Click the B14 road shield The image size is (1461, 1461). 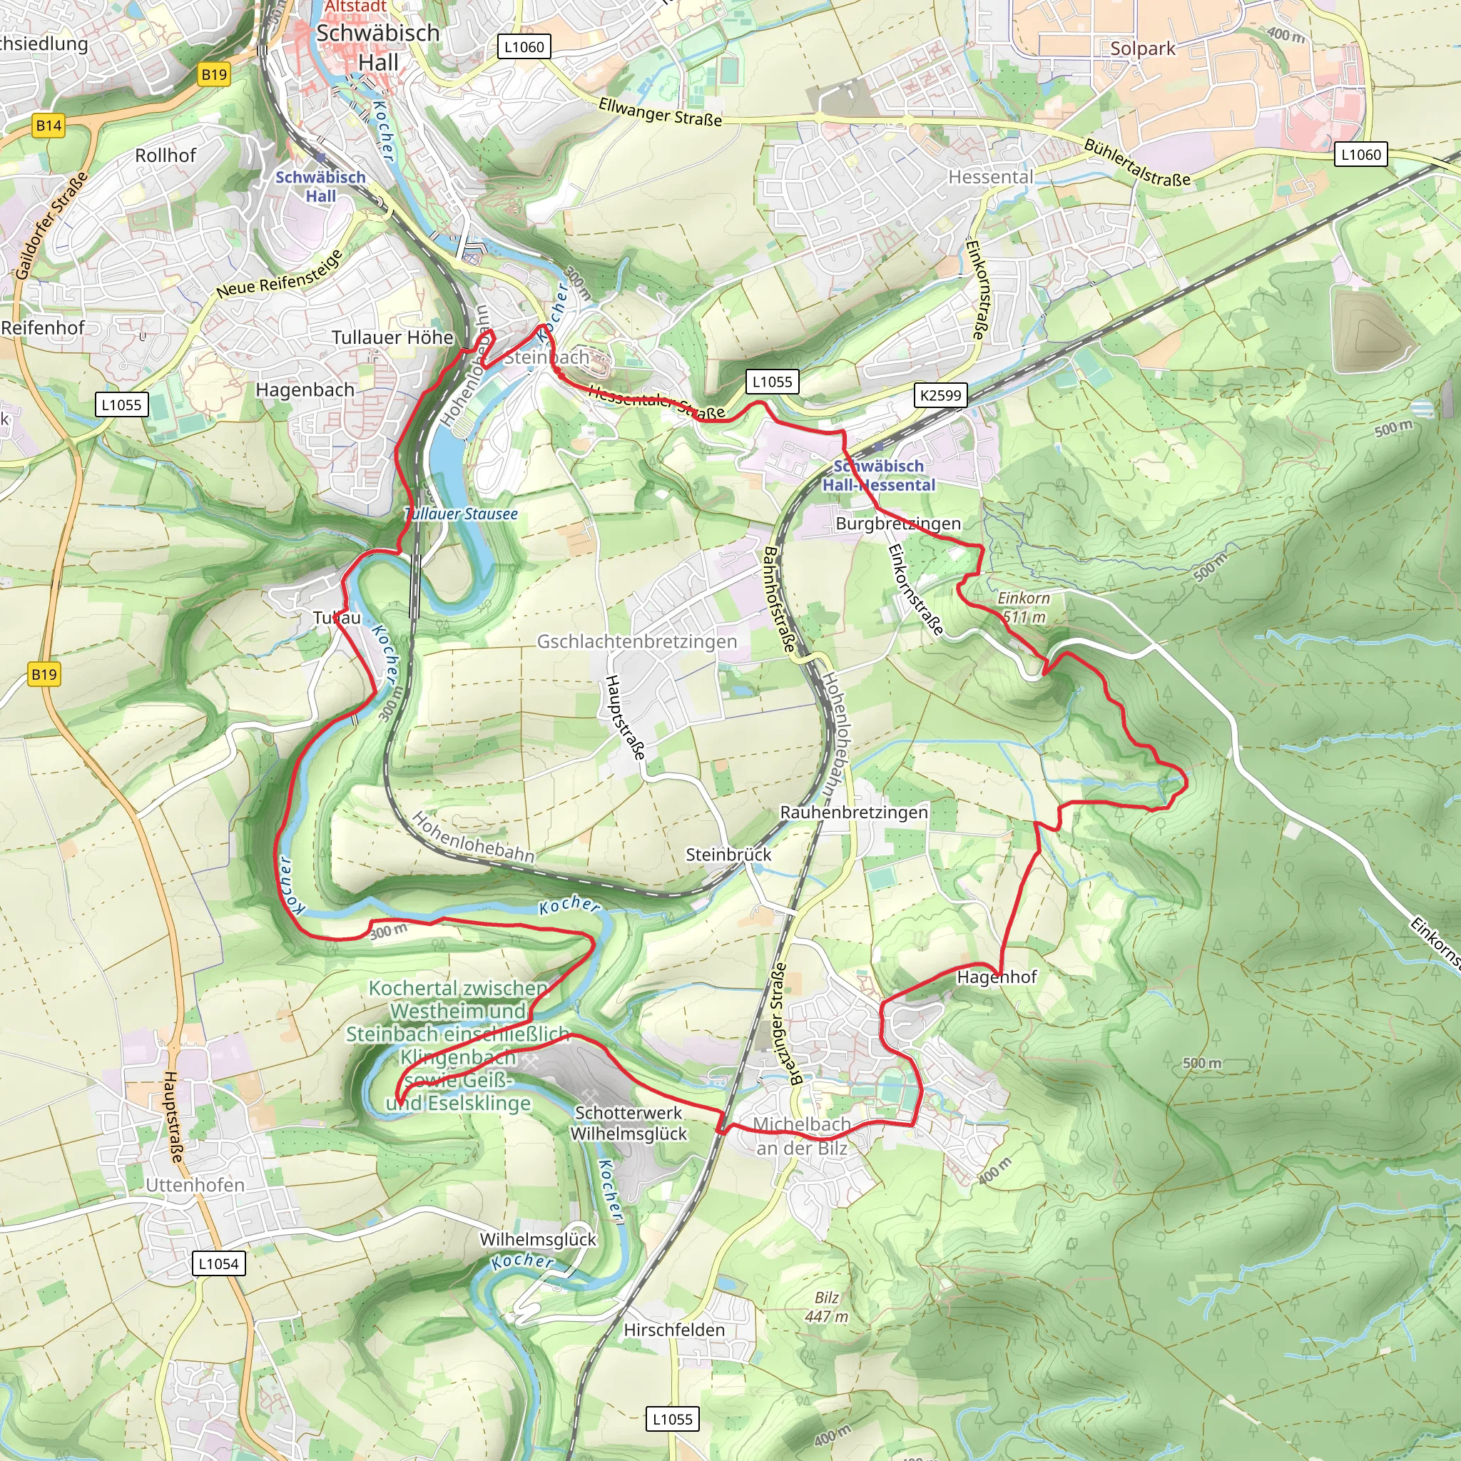49,126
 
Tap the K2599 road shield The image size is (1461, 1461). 940,394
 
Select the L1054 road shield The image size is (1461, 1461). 218,1263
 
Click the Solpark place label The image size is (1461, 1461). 1142,49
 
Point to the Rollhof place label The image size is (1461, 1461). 166,155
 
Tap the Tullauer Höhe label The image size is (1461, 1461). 392,337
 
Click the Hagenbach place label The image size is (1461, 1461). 305,390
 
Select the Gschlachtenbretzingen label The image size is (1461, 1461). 637,641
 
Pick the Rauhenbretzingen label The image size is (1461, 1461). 854,812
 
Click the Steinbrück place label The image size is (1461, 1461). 728,855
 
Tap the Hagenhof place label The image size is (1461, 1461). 996,977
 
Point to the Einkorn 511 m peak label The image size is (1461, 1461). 1024,607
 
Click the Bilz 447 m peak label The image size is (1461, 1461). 827,1307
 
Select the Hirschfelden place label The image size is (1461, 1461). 673,1330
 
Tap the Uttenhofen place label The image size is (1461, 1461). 195,1185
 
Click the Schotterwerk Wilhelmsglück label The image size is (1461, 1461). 628,1123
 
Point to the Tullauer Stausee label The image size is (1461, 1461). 461,514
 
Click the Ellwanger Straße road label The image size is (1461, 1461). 659,112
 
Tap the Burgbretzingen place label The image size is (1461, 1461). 897,524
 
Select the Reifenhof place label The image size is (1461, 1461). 43,327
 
